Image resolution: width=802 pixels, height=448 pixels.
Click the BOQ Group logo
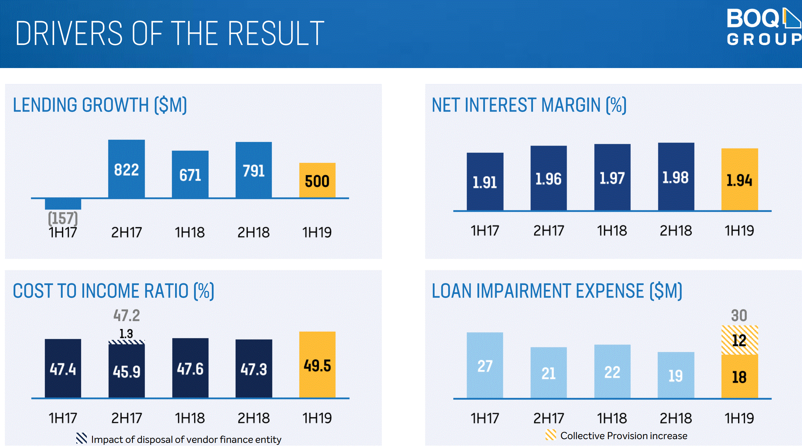click(764, 27)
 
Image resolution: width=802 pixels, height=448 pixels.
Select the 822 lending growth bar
click(126, 169)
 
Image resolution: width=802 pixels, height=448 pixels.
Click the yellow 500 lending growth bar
click(317, 180)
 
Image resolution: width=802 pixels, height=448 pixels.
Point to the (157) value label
click(63, 218)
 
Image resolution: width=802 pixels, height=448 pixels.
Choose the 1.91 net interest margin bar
click(485, 182)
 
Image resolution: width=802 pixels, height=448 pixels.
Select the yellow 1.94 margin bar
click(740, 179)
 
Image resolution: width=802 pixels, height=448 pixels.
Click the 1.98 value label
click(676, 177)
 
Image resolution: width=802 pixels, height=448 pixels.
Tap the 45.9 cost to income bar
click(127, 371)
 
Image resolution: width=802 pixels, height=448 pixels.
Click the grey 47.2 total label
click(127, 315)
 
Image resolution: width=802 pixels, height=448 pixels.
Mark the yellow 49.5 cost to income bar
click(317, 365)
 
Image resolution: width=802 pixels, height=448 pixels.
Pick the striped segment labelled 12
click(740, 340)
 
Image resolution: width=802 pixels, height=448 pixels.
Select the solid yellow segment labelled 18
click(740, 376)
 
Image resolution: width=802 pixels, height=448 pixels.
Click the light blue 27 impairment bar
click(485, 365)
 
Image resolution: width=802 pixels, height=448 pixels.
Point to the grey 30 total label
click(739, 315)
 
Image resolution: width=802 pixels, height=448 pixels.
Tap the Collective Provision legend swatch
click(551, 435)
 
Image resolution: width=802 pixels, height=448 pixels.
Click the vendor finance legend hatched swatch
click(82, 438)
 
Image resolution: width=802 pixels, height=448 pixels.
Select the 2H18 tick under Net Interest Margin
click(676, 231)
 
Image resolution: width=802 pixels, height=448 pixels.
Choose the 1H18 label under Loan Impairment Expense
click(612, 418)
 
